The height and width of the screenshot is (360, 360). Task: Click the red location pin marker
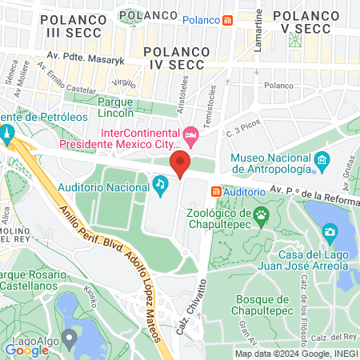(180, 166)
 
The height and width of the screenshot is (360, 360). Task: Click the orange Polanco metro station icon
(228, 19)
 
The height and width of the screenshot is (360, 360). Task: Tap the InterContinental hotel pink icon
(190, 133)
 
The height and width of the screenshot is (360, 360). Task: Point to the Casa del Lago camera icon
(329, 232)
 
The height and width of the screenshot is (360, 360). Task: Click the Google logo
(27, 349)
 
